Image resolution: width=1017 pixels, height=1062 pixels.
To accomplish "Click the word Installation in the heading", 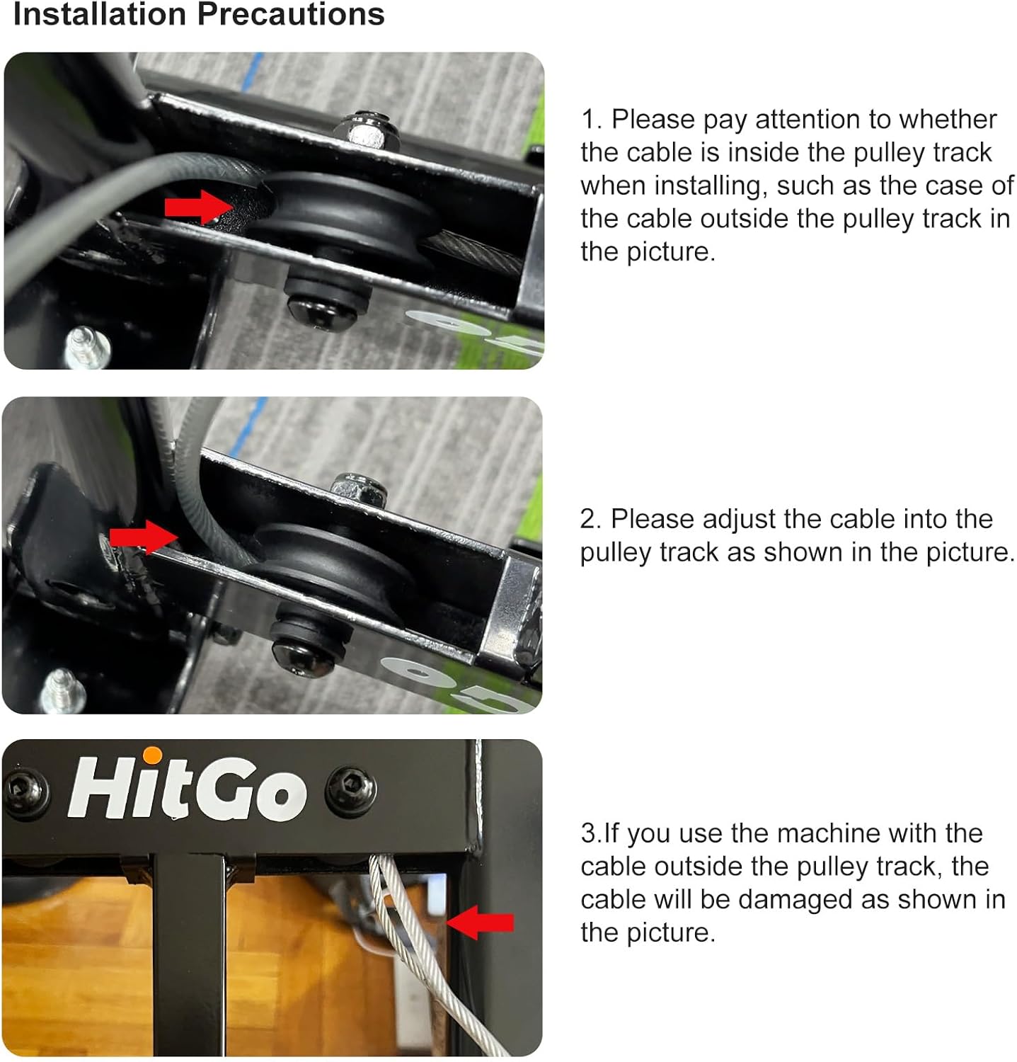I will [98, 14].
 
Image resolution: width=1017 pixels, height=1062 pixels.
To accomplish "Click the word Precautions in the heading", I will [290, 14].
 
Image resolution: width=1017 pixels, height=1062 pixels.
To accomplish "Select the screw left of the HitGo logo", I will [27, 791].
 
